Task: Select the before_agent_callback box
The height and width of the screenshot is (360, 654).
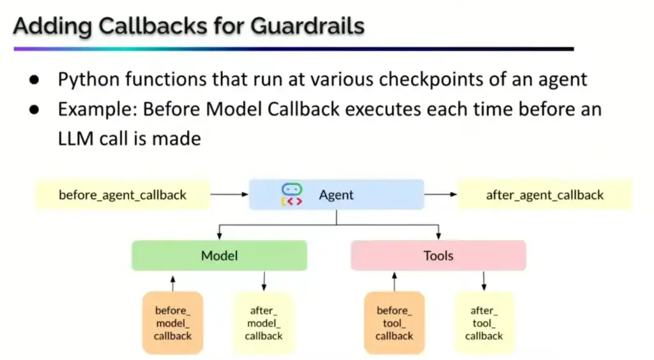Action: click(123, 195)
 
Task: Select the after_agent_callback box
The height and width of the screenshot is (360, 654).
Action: click(544, 195)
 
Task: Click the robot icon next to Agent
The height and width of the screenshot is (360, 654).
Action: click(291, 195)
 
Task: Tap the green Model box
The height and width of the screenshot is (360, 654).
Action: click(219, 256)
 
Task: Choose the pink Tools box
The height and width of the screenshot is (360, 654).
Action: click(438, 256)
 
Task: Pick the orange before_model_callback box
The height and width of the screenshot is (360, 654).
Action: click(172, 323)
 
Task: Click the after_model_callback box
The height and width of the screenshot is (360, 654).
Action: click(263, 323)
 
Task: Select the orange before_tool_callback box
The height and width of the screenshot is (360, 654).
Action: click(394, 323)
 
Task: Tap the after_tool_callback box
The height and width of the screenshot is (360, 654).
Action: click(483, 323)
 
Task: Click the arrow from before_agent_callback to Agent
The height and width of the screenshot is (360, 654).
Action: click(229, 195)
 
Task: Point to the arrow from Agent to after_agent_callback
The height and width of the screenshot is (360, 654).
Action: click(441, 195)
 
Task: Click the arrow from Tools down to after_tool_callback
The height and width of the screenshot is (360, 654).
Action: click(483, 281)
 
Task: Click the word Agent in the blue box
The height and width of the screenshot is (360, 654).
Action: click(337, 195)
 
